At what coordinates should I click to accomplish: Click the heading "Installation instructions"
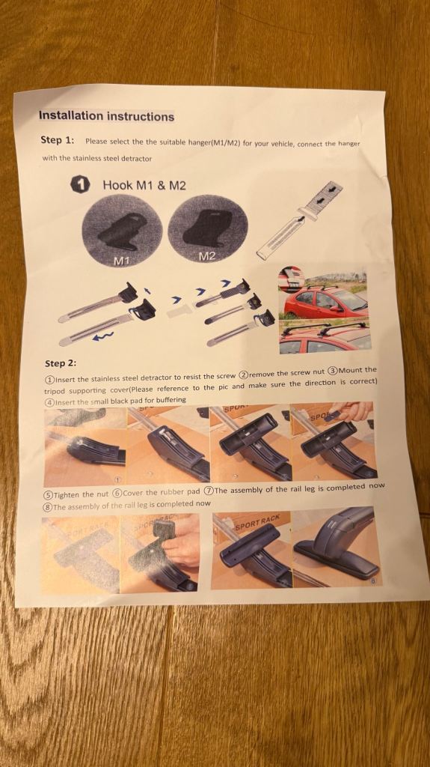[x=106, y=116]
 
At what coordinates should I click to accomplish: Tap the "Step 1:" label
[x=57, y=140]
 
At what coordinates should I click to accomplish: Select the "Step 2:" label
[x=61, y=363]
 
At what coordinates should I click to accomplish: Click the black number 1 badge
[x=81, y=185]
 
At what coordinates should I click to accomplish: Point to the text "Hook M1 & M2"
[x=144, y=185]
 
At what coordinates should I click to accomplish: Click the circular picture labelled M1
[x=122, y=231]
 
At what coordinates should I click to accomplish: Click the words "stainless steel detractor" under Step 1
[x=112, y=159]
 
